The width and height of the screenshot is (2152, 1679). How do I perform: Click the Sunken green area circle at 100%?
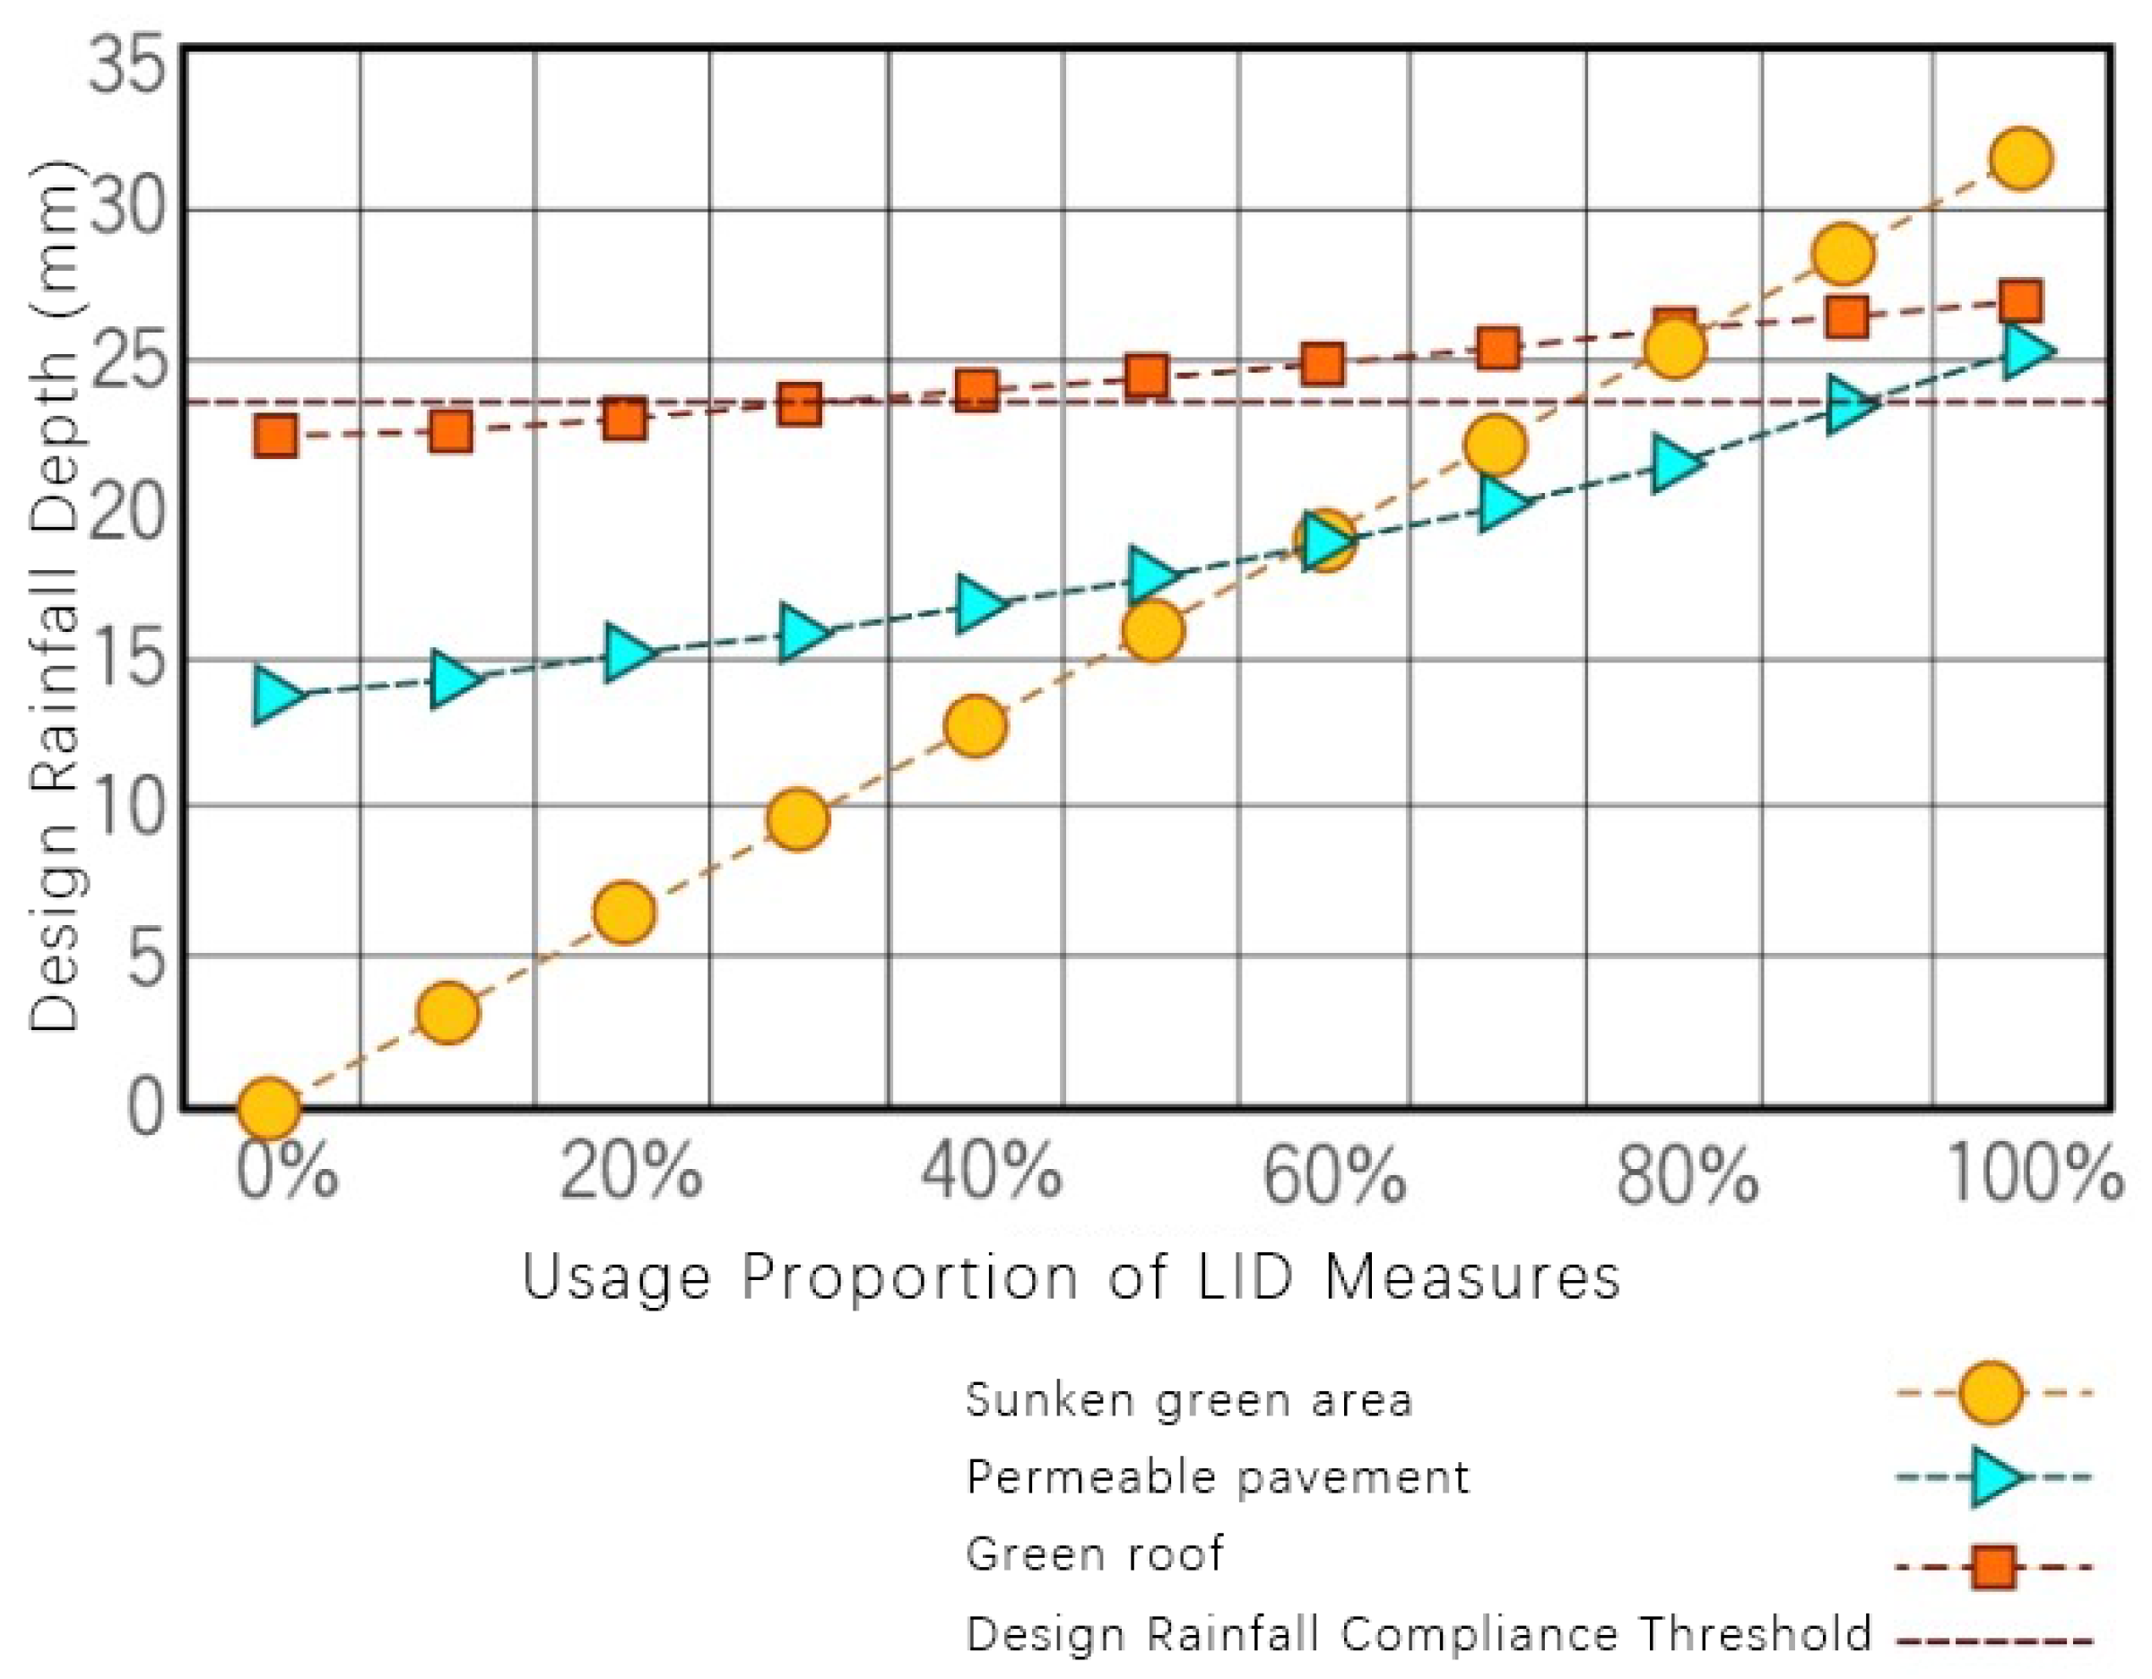pos(2020,159)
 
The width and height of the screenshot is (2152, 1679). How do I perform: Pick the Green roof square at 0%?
pos(276,436)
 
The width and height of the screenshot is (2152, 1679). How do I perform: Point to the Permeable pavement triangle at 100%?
pos(2023,351)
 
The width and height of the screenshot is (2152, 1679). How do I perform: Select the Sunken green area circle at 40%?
pos(975,726)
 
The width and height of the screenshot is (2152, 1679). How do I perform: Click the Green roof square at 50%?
pos(1147,376)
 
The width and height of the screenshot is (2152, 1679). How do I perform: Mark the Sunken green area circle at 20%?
pos(624,912)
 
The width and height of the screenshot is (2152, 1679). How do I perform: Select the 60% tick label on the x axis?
pos(1333,1175)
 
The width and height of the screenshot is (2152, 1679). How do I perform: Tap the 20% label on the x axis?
pos(630,1173)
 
